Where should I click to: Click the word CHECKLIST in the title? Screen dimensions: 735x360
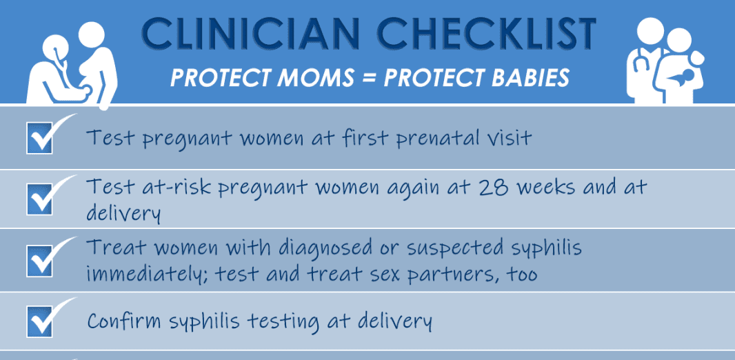click(487, 34)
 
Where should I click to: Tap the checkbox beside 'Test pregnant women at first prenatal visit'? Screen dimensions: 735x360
click(40, 137)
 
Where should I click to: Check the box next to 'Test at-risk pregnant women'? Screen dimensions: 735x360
click(40, 199)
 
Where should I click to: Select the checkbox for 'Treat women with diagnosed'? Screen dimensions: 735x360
click(40, 260)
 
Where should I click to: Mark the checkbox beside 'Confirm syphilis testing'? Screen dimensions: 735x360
click(40, 321)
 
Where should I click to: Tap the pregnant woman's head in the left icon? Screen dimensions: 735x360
click(92, 34)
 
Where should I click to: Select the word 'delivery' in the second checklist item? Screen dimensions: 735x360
click(123, 213)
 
